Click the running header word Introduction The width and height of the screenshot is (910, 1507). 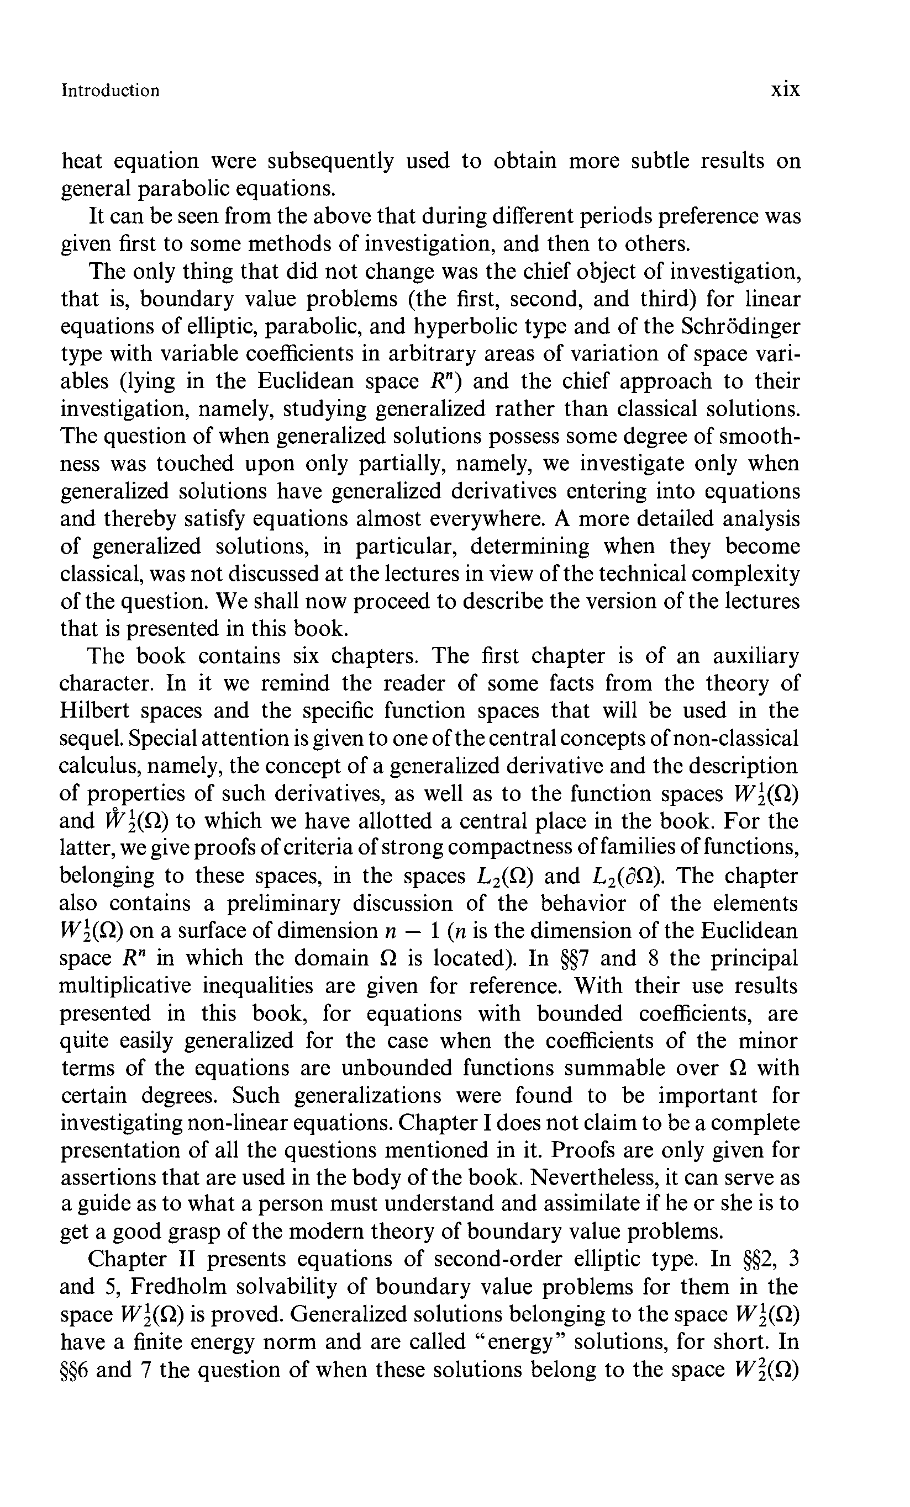(x=110, y=91)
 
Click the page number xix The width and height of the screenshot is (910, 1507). (x=785, y=90)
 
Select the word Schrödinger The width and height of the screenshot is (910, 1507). (x=740, y=327)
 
